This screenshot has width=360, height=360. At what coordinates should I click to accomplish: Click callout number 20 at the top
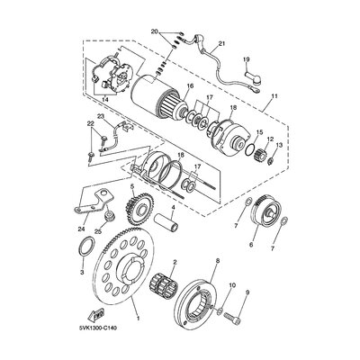point(155,31)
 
